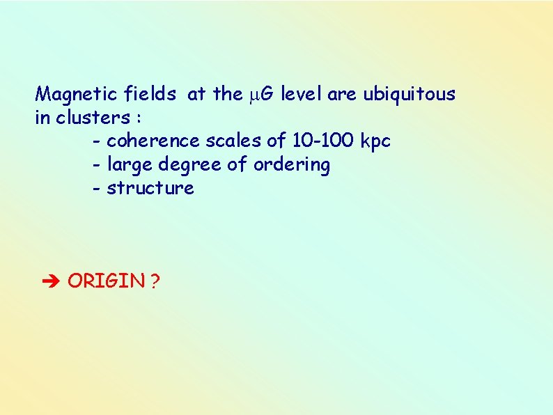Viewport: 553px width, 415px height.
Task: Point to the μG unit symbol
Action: (263, 95)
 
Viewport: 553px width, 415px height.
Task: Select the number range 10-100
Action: (323, 141)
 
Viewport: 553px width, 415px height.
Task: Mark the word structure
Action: (150, 189)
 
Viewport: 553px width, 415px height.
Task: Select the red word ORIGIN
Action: (107, 281)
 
